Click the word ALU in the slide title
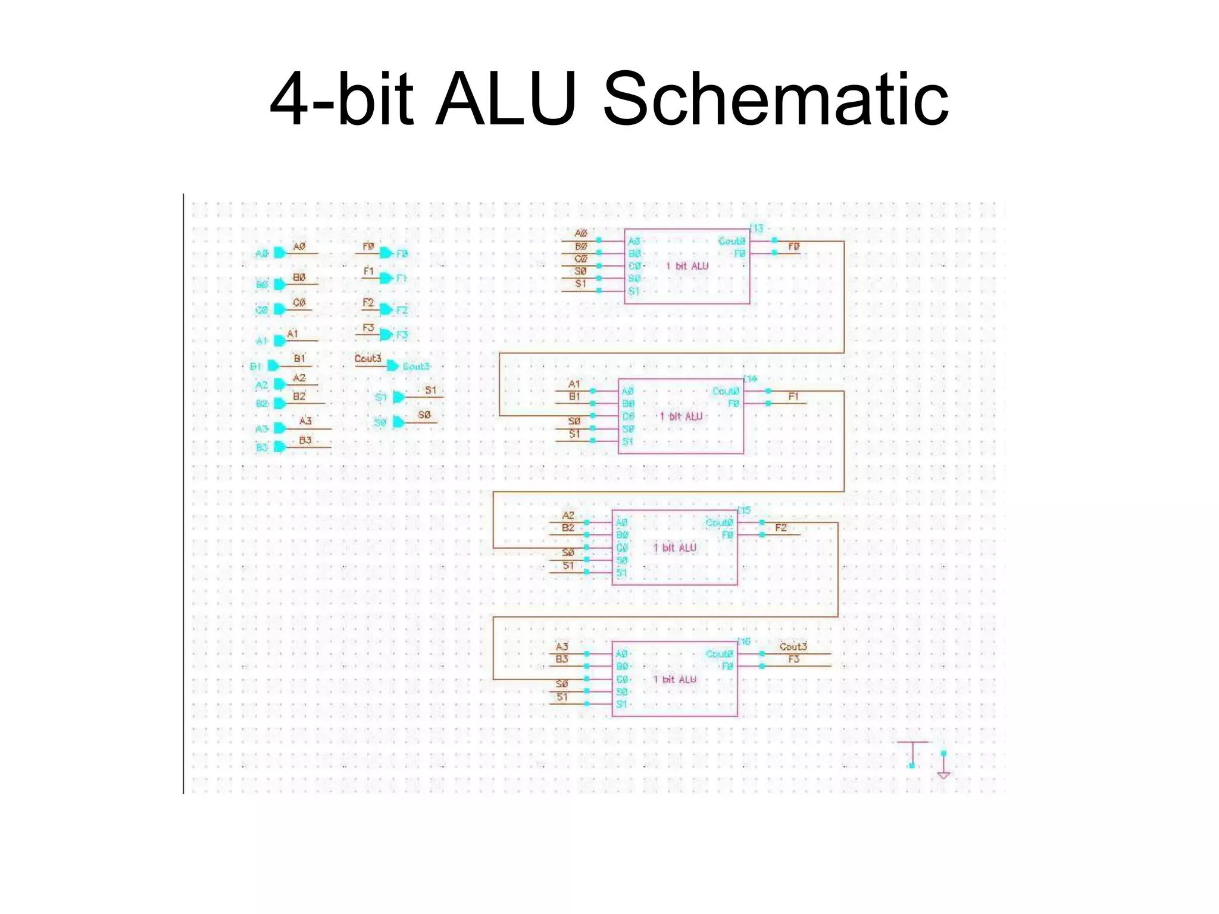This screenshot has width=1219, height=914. pos(505,99)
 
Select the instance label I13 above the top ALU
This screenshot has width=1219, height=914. pos(756,228)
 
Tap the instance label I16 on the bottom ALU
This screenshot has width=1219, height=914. pos(744,641)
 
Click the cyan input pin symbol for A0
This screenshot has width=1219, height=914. pos(279,253)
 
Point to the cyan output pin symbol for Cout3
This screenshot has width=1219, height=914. pos(392,366)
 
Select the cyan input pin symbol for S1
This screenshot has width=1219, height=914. pos(398,397)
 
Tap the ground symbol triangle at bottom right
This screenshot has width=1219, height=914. pos(943,775)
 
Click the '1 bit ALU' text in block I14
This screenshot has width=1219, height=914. pos(681,417)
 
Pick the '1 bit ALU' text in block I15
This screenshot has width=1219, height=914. pos(674,547)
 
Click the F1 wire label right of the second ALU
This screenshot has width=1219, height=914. pos(793,396)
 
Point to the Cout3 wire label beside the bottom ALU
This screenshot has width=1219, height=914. pos(793,646)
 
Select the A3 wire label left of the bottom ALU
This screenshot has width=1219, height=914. pos(562,646)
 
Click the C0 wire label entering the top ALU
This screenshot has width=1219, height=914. pos(580,259)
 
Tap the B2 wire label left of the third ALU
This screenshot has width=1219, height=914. pos(568,528)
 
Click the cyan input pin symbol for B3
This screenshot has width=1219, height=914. pos(279,447)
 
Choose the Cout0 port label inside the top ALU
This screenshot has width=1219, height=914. pos(732,241)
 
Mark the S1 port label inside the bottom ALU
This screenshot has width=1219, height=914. pos(621,705)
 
